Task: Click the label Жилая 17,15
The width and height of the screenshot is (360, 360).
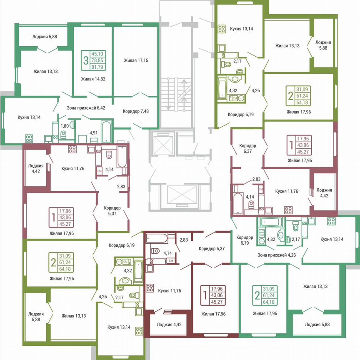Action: [x=136, y=60]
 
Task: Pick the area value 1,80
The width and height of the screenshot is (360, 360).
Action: [x=65, y=125]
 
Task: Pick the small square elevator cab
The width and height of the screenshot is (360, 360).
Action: [x=160, y=144]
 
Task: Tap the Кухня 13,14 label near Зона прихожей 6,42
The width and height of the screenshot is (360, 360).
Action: [x=29, y=117]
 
